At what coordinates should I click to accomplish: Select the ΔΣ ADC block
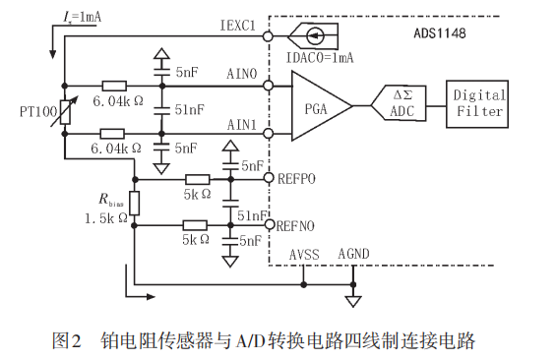402,103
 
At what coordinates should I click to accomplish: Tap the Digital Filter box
478,103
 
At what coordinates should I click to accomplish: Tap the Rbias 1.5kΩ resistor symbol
134,203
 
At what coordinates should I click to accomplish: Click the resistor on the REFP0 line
197,179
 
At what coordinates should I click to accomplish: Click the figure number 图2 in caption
66,341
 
